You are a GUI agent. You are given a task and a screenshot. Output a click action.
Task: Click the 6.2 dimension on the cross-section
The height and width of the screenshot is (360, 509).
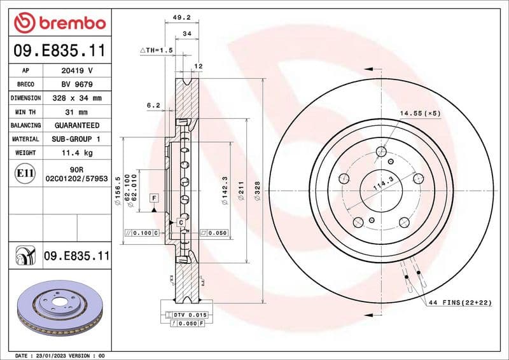click(152, 104)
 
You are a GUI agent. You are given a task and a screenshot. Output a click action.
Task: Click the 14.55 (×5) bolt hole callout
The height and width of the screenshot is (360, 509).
click(419, 113)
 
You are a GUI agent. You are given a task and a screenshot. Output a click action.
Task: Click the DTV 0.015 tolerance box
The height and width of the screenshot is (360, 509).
click(186, 315)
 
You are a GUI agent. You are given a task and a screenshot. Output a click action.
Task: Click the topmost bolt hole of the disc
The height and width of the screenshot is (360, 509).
click(381, 151)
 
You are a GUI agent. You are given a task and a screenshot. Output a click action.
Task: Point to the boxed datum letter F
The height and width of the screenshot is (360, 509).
click(154, 198)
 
